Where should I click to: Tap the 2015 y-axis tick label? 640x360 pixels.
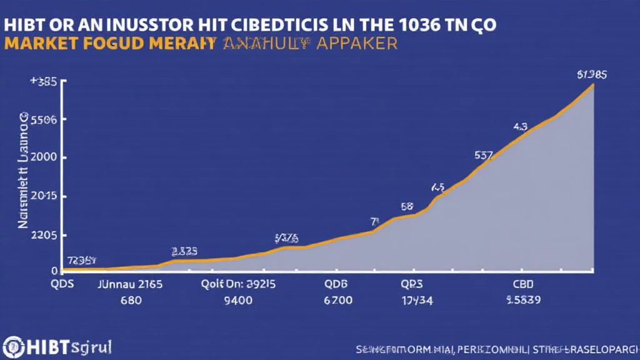click(43, 196)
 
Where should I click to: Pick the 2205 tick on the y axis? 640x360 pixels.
click(43, 236)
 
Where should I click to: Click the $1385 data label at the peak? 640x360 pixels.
click(591, 74)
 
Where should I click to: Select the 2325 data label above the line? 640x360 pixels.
click(184, 251)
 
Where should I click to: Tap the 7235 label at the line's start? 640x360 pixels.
click(82, 260)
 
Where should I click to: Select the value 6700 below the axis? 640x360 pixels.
click(338, 300)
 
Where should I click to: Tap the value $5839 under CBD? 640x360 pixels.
click(524, 300)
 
